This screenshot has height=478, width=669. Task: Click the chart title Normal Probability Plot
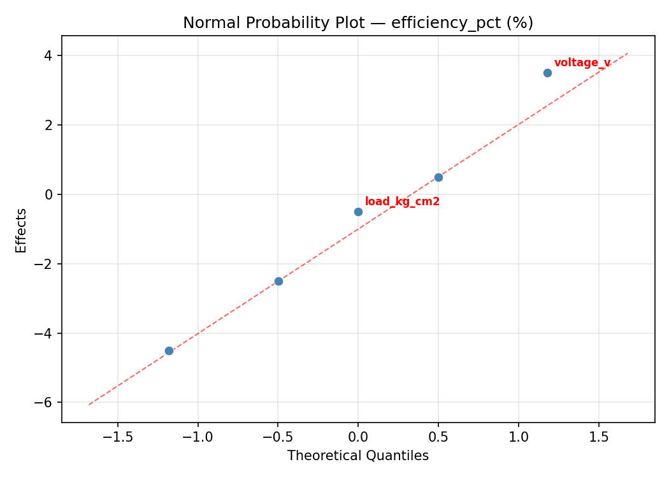(x=358, y=23)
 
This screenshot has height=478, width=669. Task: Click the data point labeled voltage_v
(x=547, y=73)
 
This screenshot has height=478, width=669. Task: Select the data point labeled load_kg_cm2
(x=358, y=212)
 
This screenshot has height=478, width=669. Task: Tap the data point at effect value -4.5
(x=169, y=351)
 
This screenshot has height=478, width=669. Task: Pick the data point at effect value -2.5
(x=278, y=281)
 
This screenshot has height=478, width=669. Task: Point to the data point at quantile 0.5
(x=438, y=177)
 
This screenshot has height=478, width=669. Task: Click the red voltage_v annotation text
(x=582, y=62)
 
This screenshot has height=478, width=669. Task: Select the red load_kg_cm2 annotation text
(x=402, y=201)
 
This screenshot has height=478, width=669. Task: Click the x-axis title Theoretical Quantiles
(x=358, y=456)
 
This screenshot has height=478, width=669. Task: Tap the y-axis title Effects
(x=22, y=230)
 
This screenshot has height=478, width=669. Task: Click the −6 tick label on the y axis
(x=45, y=403)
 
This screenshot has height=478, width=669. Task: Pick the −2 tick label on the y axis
(x=45, y=264)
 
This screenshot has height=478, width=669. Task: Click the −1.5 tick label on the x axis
(x=118, y=437)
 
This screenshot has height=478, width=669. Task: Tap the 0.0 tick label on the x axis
(x=358, y=437)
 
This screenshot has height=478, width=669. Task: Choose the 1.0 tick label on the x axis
(x=519, y=437)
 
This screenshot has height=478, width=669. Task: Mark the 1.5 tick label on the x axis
(x=599, y=437)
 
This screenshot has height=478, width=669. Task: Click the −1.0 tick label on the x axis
(x=198, y=437)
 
